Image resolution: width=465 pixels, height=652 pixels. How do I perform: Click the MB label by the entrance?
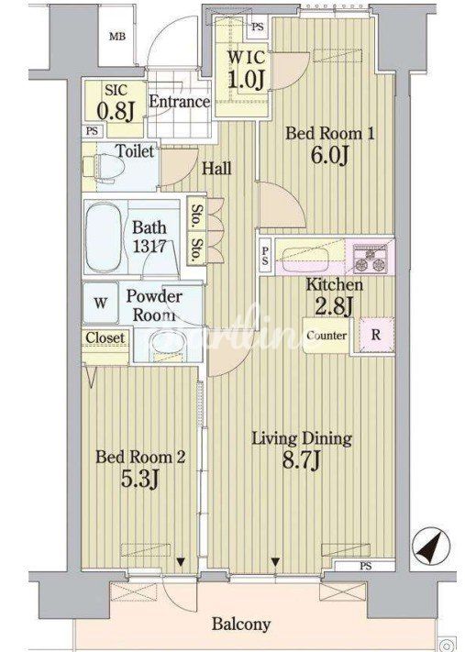[117, 37]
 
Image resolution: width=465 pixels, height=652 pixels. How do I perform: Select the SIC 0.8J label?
[116, 102]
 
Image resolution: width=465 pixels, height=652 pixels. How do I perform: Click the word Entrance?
[179, 102]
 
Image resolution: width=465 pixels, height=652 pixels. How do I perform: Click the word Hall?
[216, 169]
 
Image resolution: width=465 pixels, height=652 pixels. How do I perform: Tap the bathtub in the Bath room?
[105, 237]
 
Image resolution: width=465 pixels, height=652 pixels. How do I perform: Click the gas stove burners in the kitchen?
[371, 260]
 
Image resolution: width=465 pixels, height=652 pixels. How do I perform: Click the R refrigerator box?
[376, 335]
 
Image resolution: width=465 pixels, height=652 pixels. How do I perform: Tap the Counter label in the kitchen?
[327, 335]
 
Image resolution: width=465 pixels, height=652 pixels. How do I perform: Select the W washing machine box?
[100, 304]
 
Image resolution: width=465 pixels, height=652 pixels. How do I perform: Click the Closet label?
[105, 337]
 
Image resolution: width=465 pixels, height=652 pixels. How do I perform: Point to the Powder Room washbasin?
[167, 344]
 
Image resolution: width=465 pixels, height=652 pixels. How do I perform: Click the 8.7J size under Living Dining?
[302, 460]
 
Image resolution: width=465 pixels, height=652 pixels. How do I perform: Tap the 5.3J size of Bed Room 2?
[139, 479]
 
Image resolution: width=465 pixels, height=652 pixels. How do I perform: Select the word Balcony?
[241, 624]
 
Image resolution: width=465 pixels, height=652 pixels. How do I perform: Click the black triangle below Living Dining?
[275, 562]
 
